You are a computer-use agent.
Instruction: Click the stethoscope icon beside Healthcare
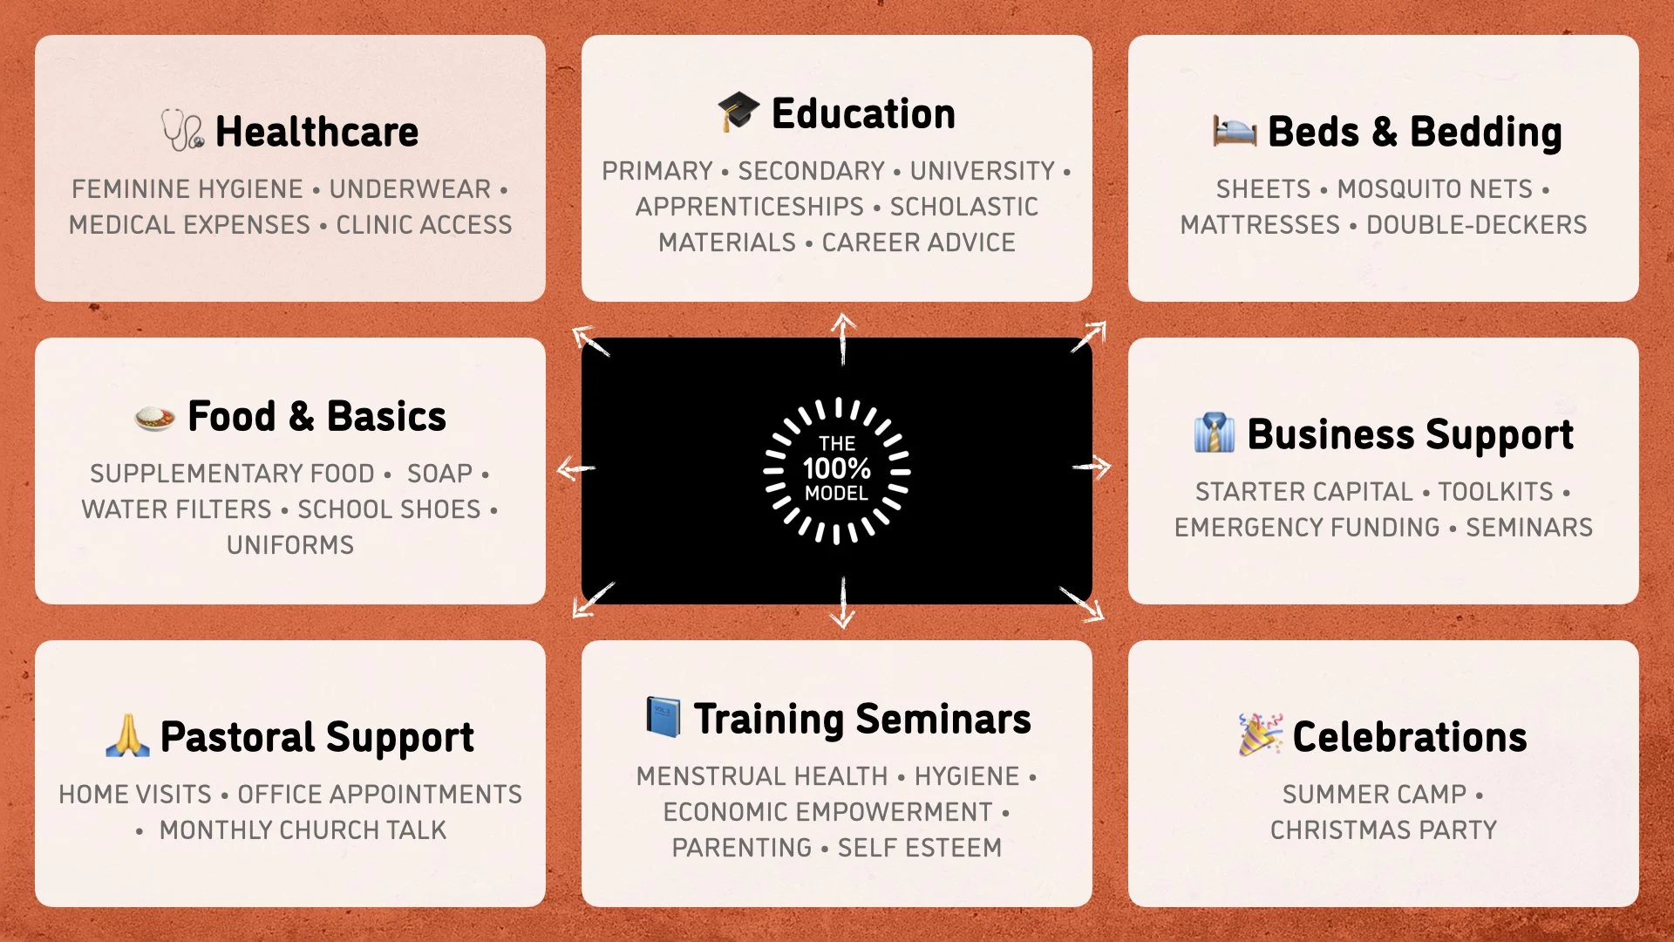(x=183, y=131)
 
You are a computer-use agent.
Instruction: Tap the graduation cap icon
(x=738, y=112)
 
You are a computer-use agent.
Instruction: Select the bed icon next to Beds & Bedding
(x=1235, y=131)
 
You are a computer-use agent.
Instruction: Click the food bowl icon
(x=155, y=417)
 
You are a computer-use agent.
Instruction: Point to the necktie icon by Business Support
(x=1215, y=433)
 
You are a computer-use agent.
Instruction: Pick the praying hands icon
(x=127, y=736)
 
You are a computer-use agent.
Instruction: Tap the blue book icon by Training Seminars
(x=663, y=717)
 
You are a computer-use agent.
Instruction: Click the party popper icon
(x=1260, y=734)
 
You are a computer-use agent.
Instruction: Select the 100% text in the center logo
(x=836, y=468)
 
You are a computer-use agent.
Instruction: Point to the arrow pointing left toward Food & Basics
(x=575, y=468)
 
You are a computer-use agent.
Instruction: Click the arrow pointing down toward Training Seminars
(x=842, y=604)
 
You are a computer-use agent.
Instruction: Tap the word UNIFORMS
(x=290, y=545)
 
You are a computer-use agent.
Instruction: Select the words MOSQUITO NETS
(x=1434, y=189)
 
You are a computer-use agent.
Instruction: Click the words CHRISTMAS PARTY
(x=1383, y=830)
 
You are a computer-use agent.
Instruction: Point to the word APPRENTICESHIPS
(x=749, y=207)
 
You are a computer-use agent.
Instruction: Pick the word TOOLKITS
(x=1495, y=492)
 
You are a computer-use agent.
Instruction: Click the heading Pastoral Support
(x=316, y=738)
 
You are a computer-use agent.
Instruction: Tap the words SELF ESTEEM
(x=919, y=848)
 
